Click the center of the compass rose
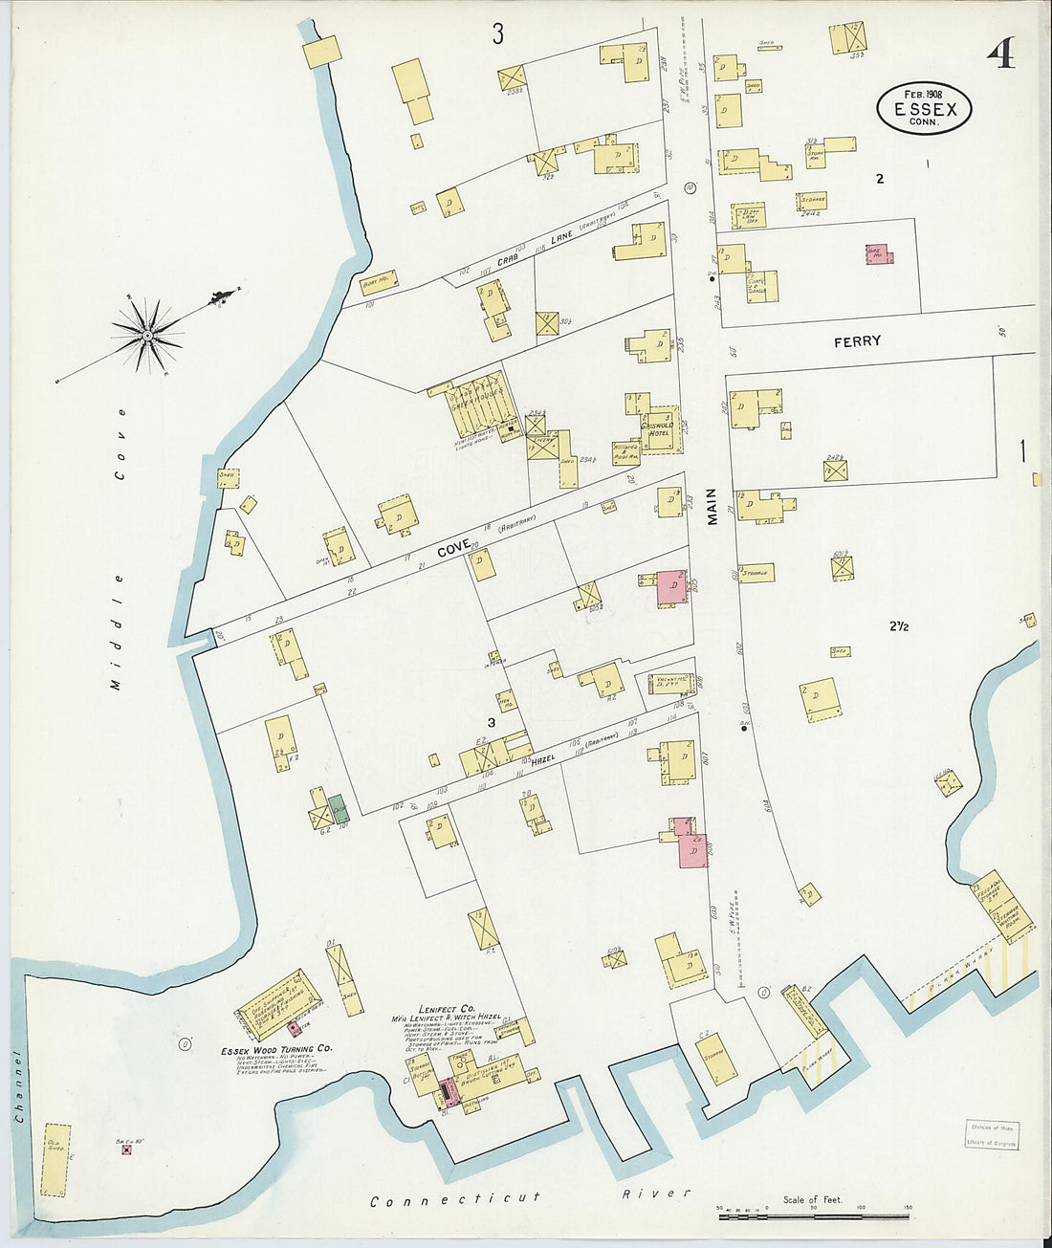[148, 335]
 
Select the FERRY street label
[857, 340]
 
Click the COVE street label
[453, 549]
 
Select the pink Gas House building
[879, 253]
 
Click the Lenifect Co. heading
[446, 1008]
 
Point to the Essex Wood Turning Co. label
[275, 1049]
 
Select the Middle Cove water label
[118, 549]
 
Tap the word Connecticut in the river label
[455, 1197]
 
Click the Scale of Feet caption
[812, 1199]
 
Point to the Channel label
[16, 1085]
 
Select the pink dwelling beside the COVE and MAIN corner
[671, 587]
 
